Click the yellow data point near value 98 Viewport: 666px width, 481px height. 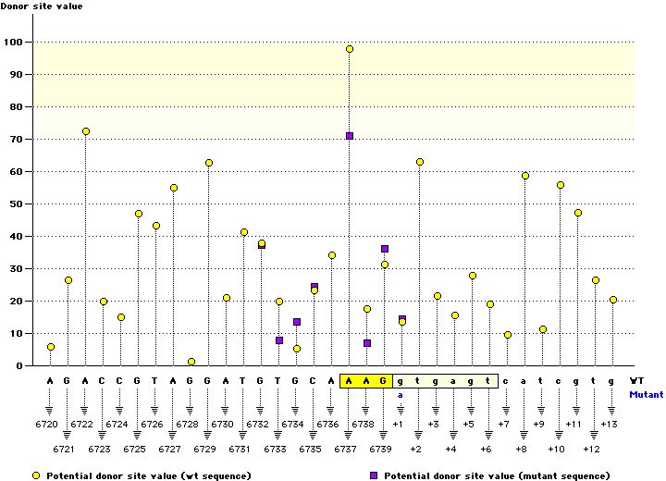(x=350, y=49)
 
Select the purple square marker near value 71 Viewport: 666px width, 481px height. (x=350, y=136)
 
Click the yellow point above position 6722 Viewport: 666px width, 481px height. (x=86, y=131)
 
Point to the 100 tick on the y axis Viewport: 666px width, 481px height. (x=15, y=43)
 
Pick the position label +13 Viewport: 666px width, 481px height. (x=609, y=424)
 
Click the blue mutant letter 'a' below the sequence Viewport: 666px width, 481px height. (x=401, y=394)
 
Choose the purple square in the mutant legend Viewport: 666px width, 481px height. (x=375, y=475)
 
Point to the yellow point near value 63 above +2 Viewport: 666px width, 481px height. (x=420, y=162)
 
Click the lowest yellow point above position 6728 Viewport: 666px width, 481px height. (x=191, y=362)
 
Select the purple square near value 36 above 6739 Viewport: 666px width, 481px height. (x=385, y=249)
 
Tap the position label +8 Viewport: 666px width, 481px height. (x=521, y=449)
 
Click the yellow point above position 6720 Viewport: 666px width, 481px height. (x=51, y=347)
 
